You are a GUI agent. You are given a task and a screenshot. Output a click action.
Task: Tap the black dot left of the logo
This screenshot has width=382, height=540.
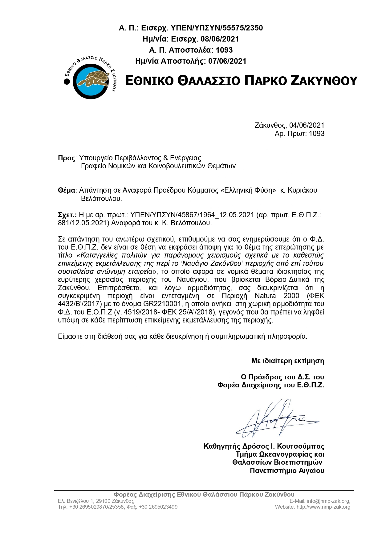[x=67, y=82]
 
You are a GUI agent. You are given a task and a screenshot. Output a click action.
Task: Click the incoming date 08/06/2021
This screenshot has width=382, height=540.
[x=220, y=39]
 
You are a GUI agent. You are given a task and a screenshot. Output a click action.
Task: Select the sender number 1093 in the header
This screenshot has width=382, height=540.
[x=224, y=50]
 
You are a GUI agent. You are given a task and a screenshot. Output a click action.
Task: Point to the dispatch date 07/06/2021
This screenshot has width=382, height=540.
[x=227, y=61]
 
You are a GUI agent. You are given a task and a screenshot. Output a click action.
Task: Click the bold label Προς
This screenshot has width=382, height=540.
[x=66, y=158]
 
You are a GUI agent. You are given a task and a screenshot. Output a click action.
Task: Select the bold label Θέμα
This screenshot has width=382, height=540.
[x=66, y=190]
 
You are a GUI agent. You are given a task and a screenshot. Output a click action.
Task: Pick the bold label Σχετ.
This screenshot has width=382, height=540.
[x=67, y=215]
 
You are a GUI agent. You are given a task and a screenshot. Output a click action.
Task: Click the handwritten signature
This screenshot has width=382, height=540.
[x=274, y=419]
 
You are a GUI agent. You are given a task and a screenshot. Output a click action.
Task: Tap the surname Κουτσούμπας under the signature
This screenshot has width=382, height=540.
[x=301, y=446]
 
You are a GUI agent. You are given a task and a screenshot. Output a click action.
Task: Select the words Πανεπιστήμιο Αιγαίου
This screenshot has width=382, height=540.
[x=287, y=470]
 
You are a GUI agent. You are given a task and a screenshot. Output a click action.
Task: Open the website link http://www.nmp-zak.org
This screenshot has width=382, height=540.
[x=323, y=507]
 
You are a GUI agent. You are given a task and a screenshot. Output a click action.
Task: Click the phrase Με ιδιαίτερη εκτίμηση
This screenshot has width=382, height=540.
[x=288, y=361]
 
